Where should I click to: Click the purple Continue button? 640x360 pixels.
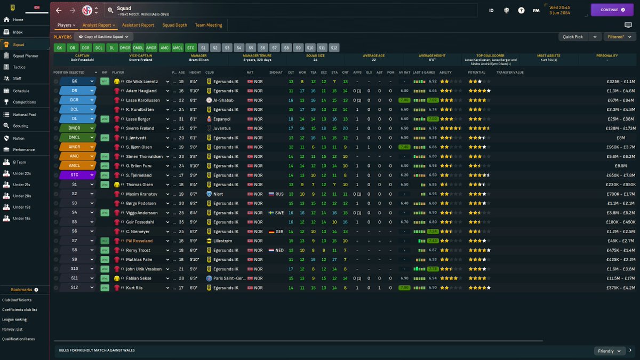[x=611, y=10]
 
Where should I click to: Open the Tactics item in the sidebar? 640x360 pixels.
[x=19, y=67]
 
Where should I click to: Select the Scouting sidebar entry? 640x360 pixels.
[x=21, y=126]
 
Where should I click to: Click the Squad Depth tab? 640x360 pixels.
[x=174, y=25]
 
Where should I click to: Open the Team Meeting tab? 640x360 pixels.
[x=209, y=25]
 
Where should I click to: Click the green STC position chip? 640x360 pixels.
[x=191, y=47]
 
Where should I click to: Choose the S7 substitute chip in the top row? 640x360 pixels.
[x=274, y=47]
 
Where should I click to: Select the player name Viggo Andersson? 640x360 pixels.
[x=142, y=213]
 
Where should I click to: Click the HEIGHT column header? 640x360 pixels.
[x=195, y=72]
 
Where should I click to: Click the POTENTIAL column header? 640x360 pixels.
[x=476, y=72]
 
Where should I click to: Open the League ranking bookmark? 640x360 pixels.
[x=15, y=319]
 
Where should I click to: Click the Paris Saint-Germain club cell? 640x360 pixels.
[x=226, y=278]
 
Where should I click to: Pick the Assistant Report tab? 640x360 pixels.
[x=138, y=25]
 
